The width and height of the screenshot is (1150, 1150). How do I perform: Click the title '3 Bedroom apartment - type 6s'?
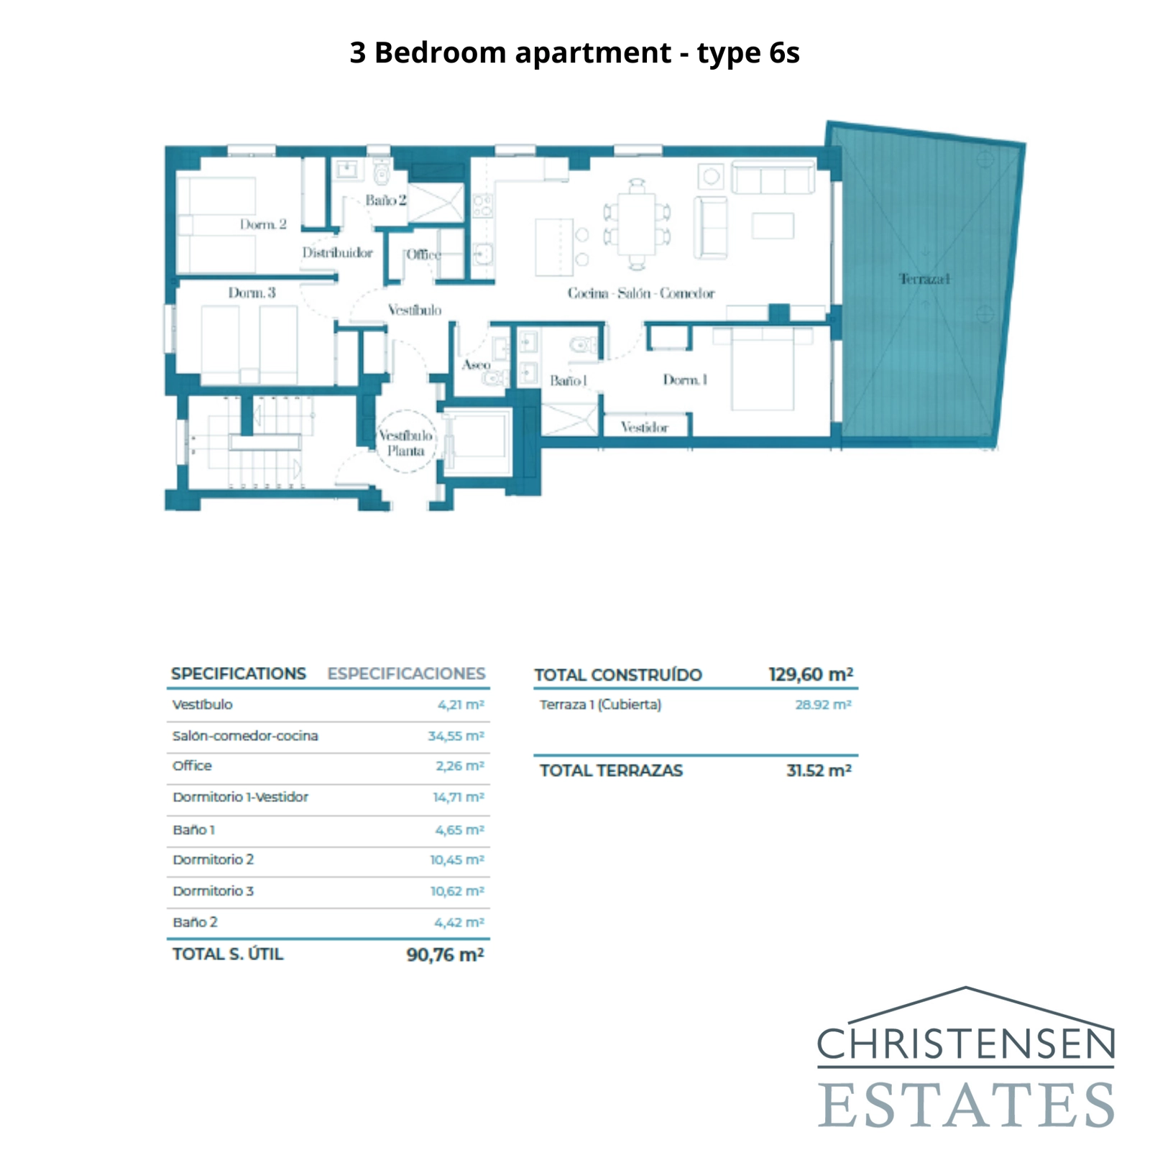click(574, 52)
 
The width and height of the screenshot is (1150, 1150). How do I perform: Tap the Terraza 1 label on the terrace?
click(924, 279)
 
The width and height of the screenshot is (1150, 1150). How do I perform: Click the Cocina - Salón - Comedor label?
click(640, 293)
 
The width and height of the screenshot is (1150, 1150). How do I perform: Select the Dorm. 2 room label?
click(263, 225)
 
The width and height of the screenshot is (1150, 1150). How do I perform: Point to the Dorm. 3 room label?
click(252, 293)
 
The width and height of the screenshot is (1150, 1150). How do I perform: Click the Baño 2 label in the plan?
click(385, 201)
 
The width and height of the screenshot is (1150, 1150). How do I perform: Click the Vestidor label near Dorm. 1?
click(644, 428)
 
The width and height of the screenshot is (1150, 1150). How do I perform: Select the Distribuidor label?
click(337, 253)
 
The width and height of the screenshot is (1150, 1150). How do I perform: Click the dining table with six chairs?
click(637, 224)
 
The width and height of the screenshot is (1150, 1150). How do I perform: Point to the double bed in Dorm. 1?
click(763, 369)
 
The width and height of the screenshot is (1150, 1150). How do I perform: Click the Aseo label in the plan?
click(476, 365)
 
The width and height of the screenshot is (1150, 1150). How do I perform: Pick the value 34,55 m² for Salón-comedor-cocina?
click(456, 736)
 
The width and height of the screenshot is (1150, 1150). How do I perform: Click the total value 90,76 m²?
click(445, 954)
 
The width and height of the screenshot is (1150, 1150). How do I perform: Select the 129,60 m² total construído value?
click(810, 674)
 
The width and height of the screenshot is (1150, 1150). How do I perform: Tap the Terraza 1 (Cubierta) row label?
click(600, 704)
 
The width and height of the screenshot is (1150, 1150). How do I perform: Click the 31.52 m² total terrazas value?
click(819, 770)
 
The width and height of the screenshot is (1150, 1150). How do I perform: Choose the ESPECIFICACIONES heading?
click(406, 673)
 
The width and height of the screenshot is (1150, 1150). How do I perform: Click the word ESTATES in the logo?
click(966, 1105)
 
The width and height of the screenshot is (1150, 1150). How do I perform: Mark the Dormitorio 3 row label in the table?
click(213, 891)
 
